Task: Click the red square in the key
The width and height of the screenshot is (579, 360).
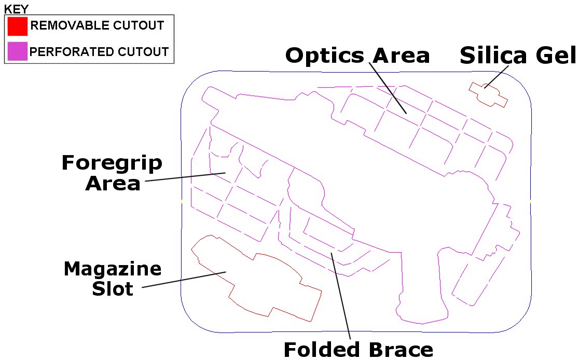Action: [17, 26]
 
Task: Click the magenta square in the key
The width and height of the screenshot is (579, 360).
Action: [17, 51]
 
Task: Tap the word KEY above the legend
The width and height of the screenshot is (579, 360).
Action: [16, 9]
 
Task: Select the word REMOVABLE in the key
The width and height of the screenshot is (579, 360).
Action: [70, 25]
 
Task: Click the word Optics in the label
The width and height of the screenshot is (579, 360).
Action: [325, 56]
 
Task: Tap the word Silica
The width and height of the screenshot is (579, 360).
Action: [493, 56]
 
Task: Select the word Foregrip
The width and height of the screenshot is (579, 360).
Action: [112, 163]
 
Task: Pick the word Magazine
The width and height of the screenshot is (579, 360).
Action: [113, 269]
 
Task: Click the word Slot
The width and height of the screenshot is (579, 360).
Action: [113, 289]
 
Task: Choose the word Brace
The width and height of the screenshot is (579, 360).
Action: [401, 349]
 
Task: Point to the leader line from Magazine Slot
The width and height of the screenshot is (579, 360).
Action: [184, 280]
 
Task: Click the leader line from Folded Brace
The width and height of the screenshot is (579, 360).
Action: [340, 295]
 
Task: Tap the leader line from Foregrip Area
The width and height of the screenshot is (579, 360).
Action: [185, 177]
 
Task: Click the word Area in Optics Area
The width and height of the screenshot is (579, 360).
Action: [401, 56]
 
